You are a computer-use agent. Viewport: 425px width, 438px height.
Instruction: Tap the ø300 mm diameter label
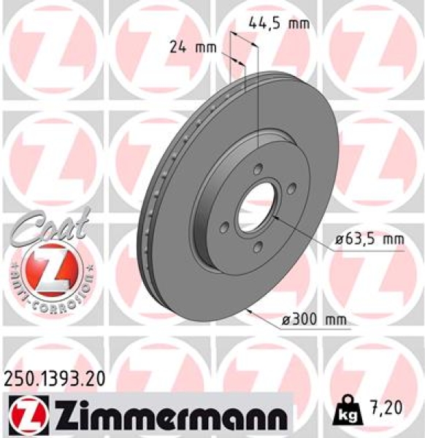click(315, 320)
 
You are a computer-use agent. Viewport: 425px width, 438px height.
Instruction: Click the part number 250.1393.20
click(53, 377)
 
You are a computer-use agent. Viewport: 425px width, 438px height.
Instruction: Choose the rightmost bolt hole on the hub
click(291, 188)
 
